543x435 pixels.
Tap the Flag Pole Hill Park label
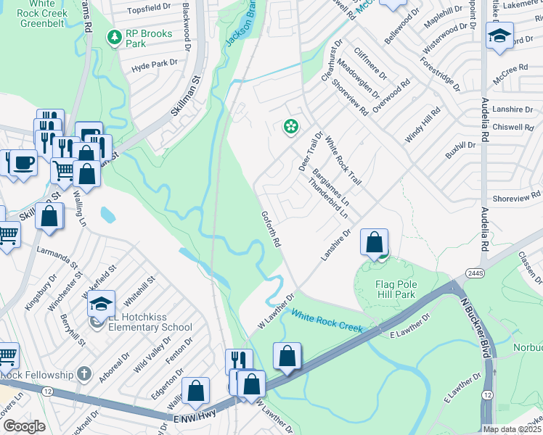(396, 289)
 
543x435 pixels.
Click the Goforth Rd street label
(271, 228)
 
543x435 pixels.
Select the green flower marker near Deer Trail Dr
(291, 127)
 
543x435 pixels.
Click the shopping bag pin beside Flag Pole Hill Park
(374, 241)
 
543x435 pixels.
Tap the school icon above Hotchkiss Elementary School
(102, 302)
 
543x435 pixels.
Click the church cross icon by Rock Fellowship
(84, 374)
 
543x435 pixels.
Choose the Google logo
(24, 426)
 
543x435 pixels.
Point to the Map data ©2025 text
(512, 429)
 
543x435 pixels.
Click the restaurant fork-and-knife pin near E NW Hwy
(239, 360)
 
